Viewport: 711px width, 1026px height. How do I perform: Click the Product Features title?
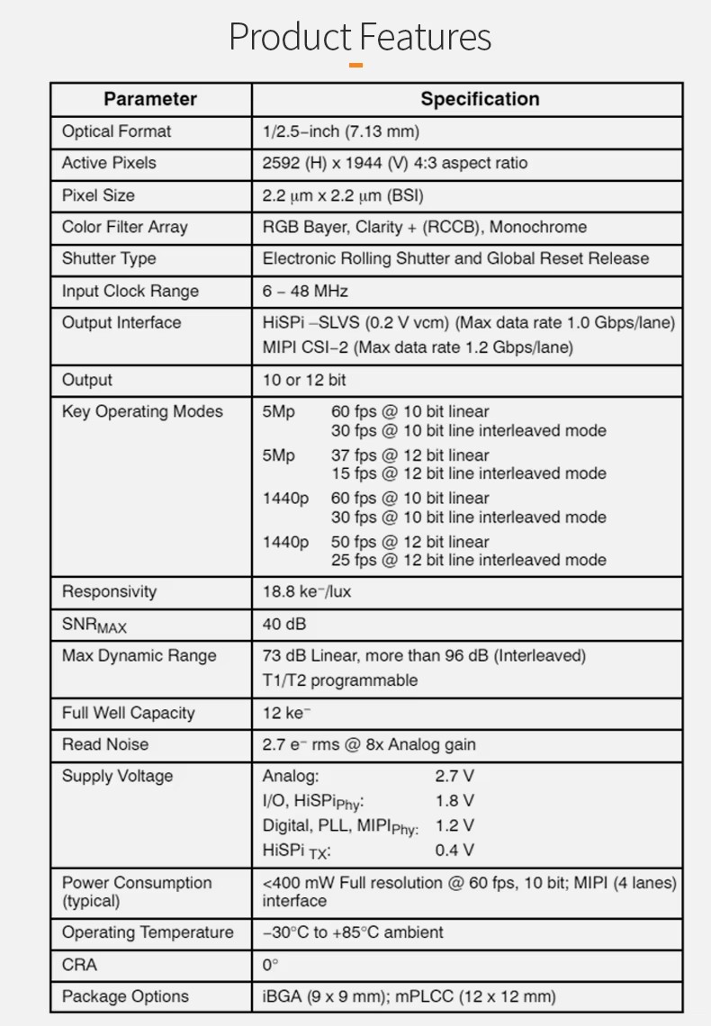click(360, 37)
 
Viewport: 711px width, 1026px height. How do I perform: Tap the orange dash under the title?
click(355, 65)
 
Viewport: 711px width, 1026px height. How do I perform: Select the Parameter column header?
click(149, 99)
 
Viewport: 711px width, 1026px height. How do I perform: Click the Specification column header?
click(480, 99)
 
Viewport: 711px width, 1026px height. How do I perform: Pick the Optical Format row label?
click(116, 131)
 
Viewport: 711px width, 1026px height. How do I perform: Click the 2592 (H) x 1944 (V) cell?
click(394, 163)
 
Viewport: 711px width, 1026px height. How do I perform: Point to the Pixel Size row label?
click(98, 195)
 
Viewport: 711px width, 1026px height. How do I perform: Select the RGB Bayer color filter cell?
click(424, 227)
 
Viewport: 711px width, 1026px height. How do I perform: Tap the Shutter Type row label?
click(108, 258)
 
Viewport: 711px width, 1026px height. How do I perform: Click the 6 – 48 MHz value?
click(305, 291)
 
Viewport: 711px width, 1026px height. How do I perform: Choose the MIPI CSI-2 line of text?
click(418, 346)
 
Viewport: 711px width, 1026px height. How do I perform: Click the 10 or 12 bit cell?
click(304, 380)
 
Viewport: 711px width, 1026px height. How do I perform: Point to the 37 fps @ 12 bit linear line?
click(409, 455)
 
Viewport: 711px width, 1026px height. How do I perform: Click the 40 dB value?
click(284, 624)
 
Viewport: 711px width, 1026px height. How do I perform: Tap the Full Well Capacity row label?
click(128, 713)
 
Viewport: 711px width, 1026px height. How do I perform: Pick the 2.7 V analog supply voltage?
click(454, 776)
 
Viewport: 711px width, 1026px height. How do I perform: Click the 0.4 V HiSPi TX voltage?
click(454, 850)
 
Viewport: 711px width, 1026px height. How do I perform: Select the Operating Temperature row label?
click(148, 932)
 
